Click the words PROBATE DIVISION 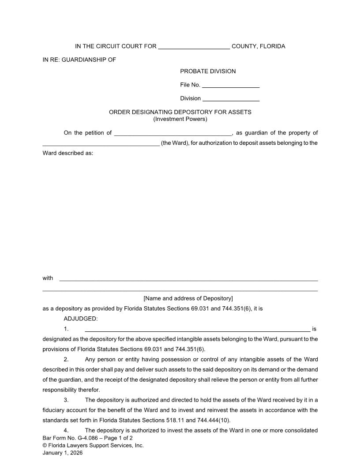click(208, 71)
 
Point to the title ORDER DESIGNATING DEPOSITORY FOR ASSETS click(180, 112)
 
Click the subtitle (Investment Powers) click(180, 119)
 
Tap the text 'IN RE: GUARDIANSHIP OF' click(79, 60)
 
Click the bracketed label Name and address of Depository click(188, 299)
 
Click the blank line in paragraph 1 click(197, 330)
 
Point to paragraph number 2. click(66, 360)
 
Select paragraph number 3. click(66, 400)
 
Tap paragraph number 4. click(66, 431)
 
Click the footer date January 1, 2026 click(63, 453)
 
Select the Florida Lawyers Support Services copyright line click(93, 446)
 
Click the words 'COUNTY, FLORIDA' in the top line click(258, 46)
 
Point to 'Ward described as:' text click(68, 154)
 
